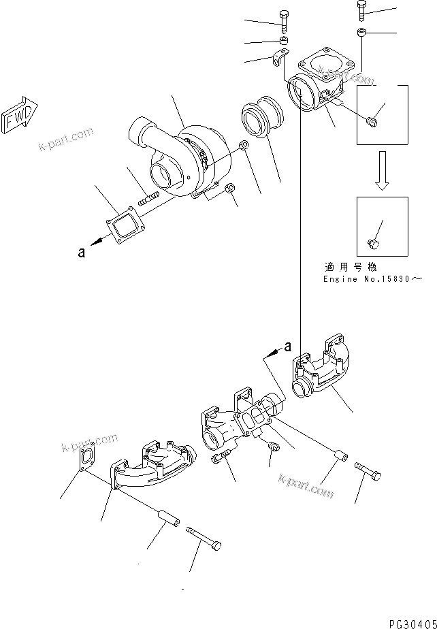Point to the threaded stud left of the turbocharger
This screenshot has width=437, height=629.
pyautogui.click(x=148, y=200)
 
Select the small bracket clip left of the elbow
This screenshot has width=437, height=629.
pyautogui.click(x=279, y=61)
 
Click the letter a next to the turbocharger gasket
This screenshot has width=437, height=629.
pyautogui.click(x=82, y=253)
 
